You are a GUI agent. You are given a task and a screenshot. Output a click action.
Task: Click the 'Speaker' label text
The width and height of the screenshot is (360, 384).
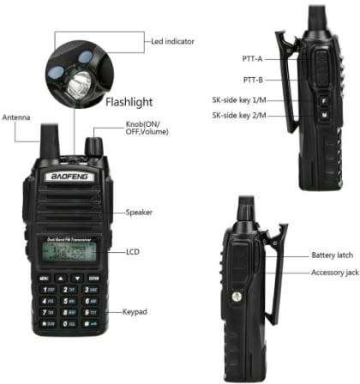pyautogui.click(x=140, y=212)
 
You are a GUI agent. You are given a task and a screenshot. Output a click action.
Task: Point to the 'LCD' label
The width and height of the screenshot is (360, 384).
pyautogui.click(x=133, y=253)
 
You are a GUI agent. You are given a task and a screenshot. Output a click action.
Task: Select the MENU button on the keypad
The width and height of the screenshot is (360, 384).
pyautogui.click(x=43, y=279)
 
